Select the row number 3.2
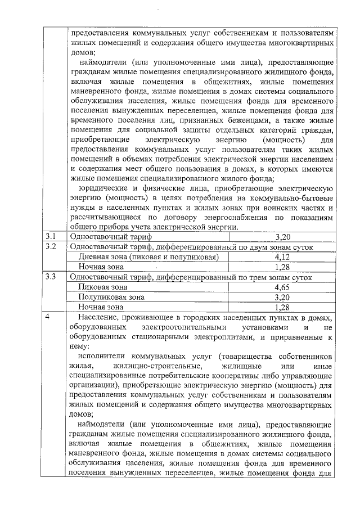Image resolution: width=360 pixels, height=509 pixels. tap(51, 247)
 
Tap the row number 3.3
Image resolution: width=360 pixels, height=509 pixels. tap(51, 277)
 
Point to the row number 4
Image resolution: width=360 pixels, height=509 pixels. tap(48, 317)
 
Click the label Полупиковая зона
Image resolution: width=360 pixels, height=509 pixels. tap(112, 297)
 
